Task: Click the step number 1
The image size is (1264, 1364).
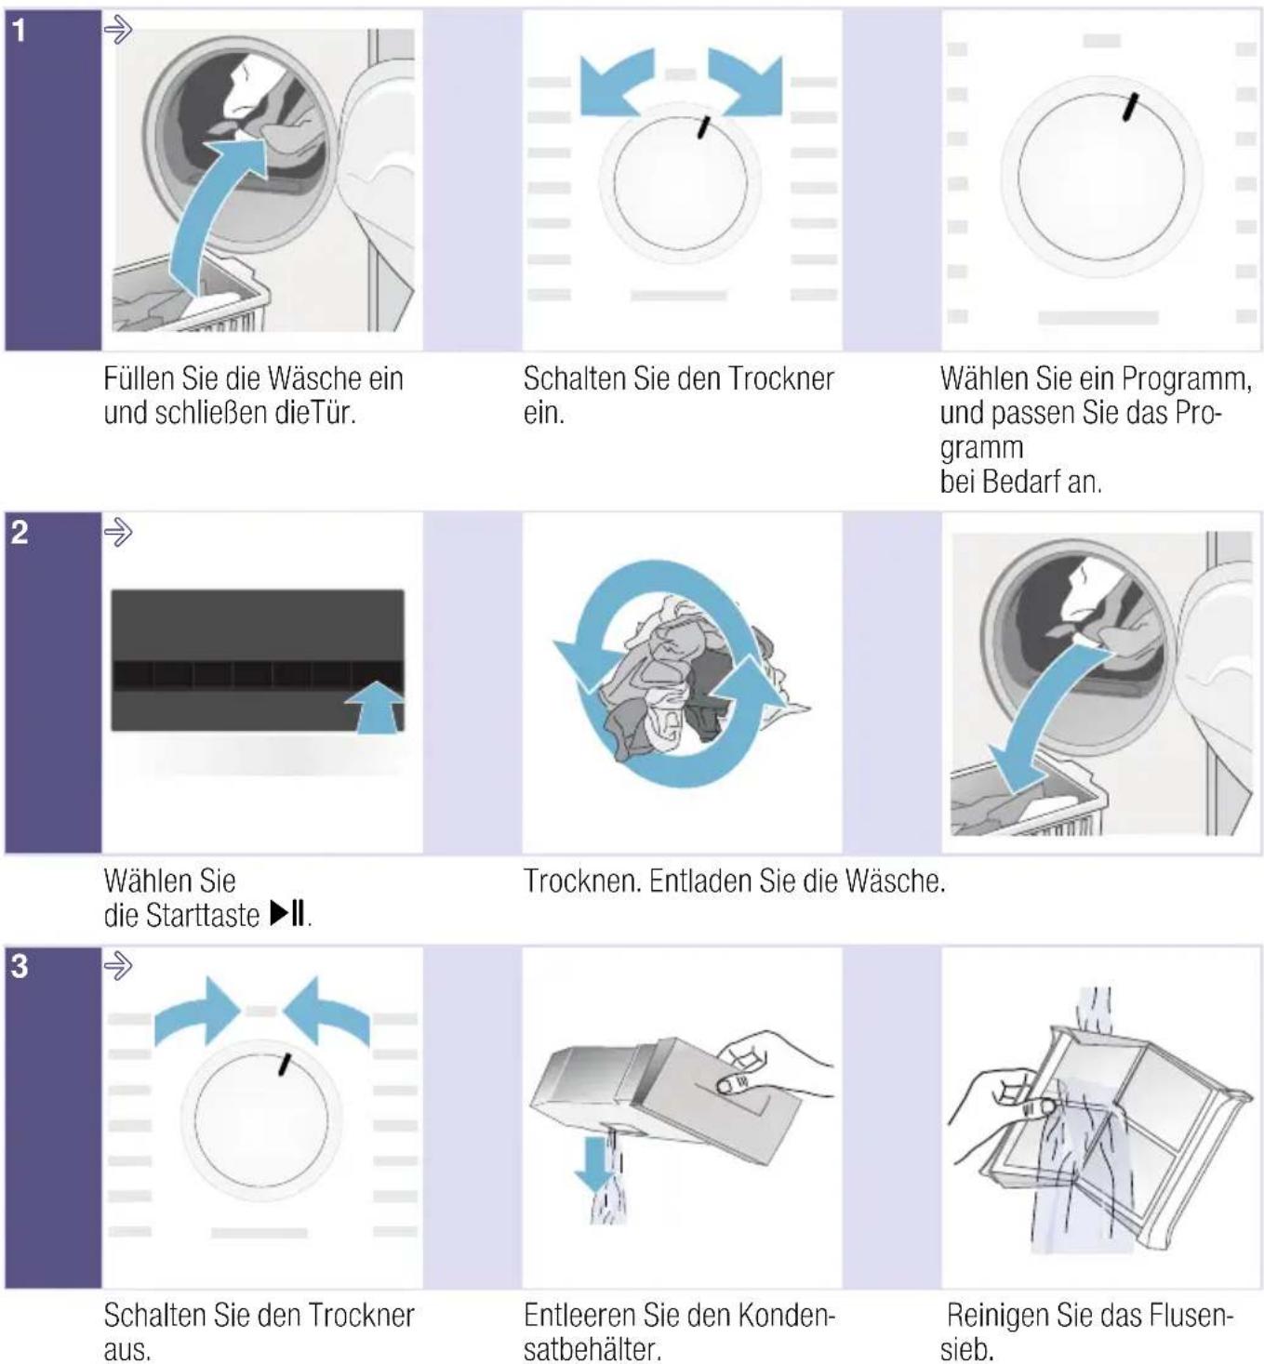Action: tap(20, 31)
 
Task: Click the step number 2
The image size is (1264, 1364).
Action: tap(20, 533)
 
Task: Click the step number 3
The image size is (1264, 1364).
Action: tap(20, 967)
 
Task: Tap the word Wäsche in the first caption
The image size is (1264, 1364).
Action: tap(315, 378)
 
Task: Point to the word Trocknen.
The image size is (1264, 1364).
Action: tap(583, 881)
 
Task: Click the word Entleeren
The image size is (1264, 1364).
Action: tap(580, 1316)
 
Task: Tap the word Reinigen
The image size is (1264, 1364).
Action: tap(1003, 1316)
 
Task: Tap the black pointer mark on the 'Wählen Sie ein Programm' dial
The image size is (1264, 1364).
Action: tap(1130, 107)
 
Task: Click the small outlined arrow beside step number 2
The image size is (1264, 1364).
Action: tap(117, 532)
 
